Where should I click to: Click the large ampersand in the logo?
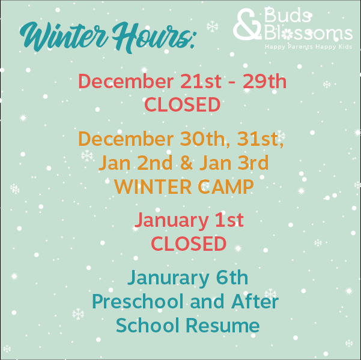pyautogui.click(x=247, y=26)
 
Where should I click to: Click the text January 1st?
pyautogui.click(x=188, y=220)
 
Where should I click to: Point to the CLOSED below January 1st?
pyautogui.click(x=188, y=244)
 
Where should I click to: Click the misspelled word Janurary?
pyautogui.click(x=169, y=278)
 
